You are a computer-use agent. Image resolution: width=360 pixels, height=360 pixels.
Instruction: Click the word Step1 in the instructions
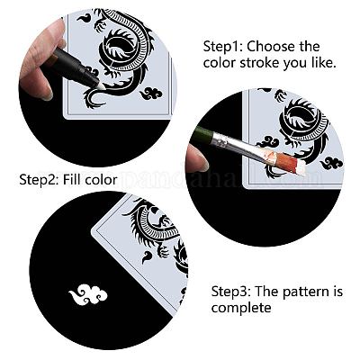point(222,47)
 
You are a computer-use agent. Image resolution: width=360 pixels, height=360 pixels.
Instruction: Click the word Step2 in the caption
point(39,180)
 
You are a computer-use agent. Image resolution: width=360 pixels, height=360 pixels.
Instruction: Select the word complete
point(241,308)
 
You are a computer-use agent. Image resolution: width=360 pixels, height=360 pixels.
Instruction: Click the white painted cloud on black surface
point(88,294)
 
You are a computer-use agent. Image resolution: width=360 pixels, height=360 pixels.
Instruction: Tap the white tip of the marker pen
point(97,85)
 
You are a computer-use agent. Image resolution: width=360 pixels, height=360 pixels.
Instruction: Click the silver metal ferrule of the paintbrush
point(224,140)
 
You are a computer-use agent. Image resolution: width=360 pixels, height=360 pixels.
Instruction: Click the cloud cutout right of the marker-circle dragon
point(151,94)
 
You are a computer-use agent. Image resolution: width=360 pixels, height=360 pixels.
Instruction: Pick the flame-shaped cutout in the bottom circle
point(147,256)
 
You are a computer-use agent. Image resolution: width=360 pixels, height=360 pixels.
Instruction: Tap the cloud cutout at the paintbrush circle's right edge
point(331,163)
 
